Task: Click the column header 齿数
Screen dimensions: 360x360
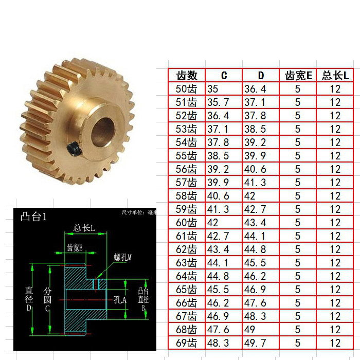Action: point(187,76)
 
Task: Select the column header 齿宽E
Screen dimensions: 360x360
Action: point(298,76)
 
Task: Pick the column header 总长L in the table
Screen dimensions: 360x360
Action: point(335,76)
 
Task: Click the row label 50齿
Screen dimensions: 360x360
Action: point(186,89)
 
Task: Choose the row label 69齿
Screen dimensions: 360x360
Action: point(186,343)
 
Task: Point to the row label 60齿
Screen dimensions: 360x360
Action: point(186,223)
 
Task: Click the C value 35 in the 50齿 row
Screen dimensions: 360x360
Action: point(213,89)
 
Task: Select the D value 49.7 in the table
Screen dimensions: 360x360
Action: point(256,343)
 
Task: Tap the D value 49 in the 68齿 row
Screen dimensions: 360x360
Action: point(250,330)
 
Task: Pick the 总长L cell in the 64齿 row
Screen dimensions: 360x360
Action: point(335,276)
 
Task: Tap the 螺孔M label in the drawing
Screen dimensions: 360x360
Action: point(123,257)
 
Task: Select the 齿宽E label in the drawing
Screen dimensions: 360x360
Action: point(75,247)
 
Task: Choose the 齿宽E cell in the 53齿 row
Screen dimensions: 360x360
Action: point(298,129)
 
